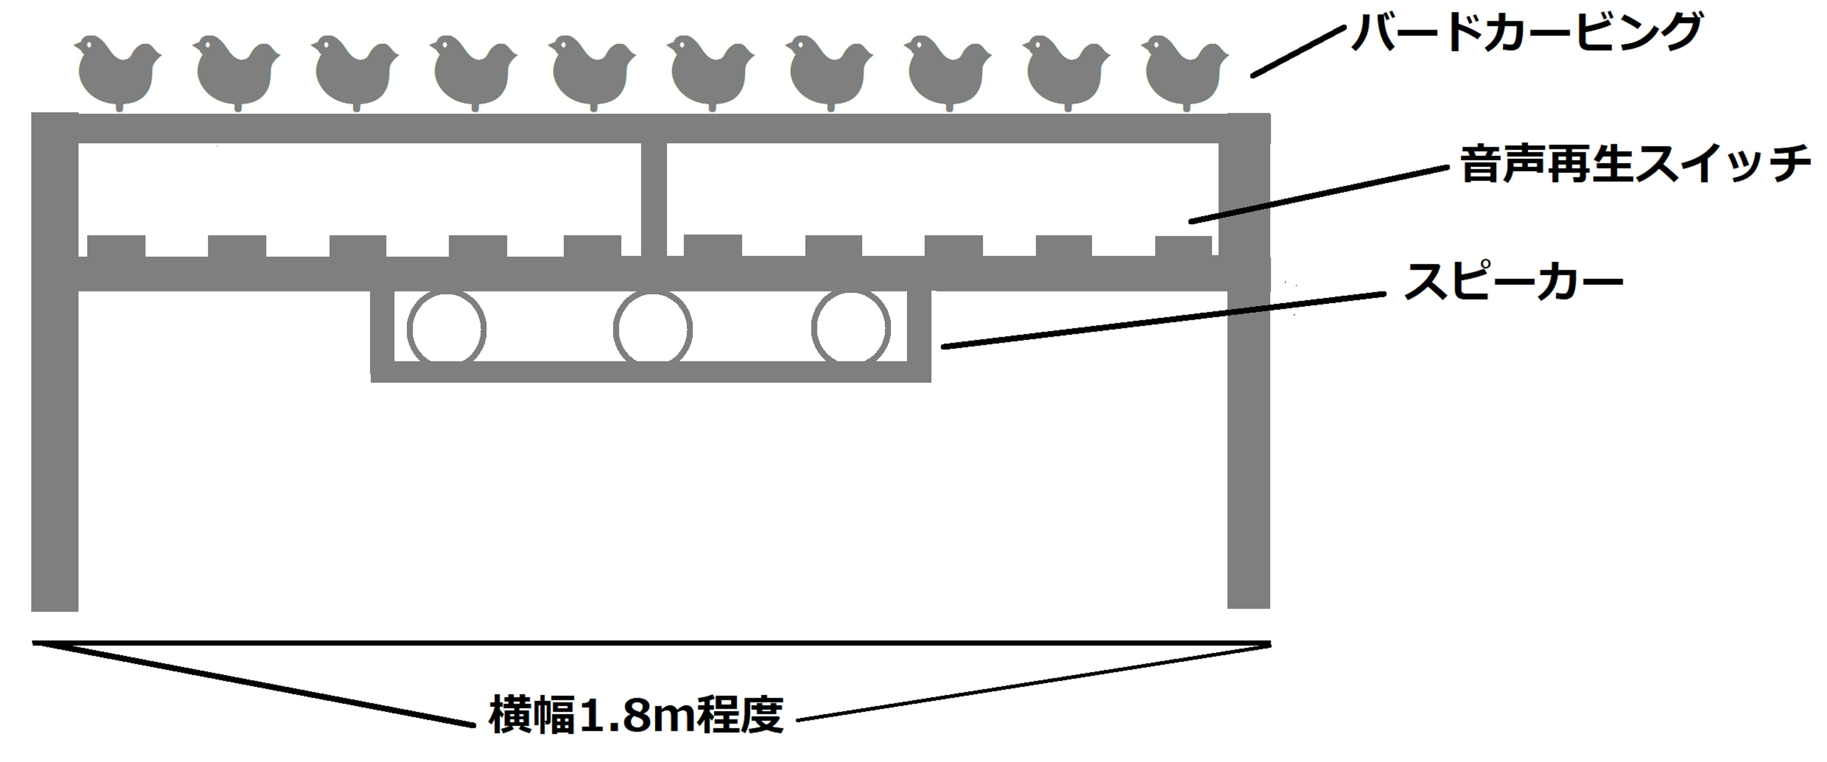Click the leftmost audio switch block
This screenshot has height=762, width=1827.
pos(116,246)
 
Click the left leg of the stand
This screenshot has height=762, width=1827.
pos(55,362)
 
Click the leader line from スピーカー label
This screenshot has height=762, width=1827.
pos(1163,320)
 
